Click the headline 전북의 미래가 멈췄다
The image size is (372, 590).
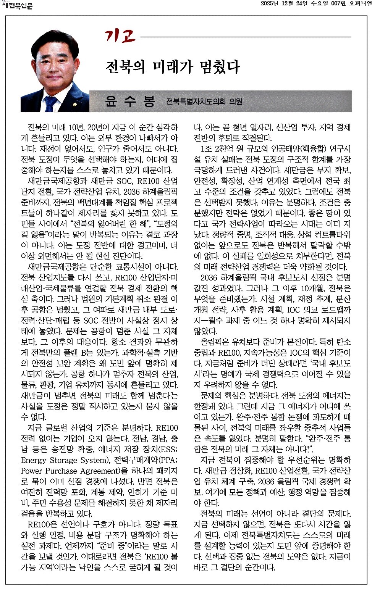tap(173, 67)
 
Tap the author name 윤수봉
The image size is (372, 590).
tap(130, 101)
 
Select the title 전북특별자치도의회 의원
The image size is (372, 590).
tap(204, 102)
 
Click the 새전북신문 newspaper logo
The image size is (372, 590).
tap(18, 6)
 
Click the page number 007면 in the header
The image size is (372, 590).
tap(338, 3)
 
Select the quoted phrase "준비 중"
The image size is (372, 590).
tap(117, 546)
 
